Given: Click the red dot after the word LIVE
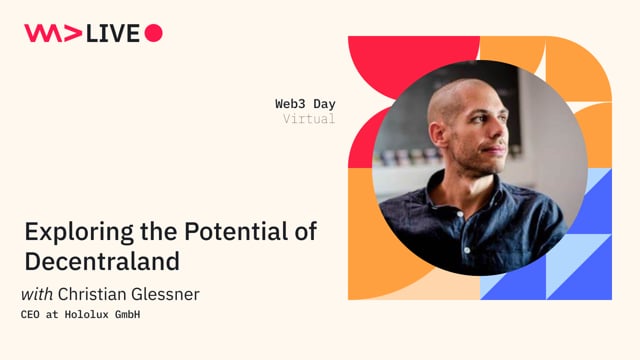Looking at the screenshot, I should (153, 33).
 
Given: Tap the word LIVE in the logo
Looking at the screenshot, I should (113, 33).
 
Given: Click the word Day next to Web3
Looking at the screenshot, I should (324, 104).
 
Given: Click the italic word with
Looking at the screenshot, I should (37, 294).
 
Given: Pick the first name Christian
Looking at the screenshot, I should (96, 294).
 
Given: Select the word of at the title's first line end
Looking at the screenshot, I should (304, 231).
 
